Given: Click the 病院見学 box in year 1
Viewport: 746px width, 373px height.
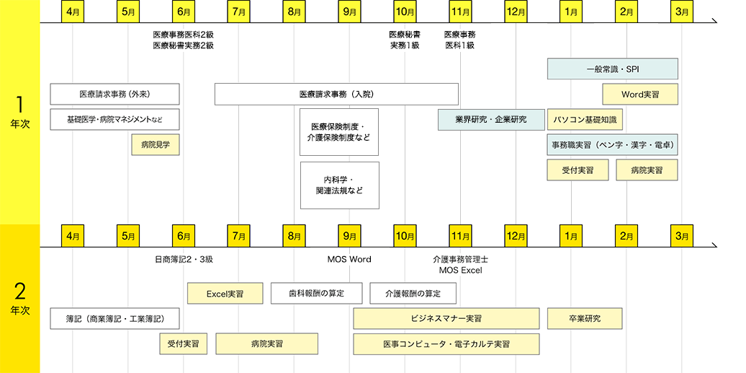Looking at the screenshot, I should pos(155,145).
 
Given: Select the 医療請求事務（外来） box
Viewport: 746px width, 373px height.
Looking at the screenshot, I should pos(114,95).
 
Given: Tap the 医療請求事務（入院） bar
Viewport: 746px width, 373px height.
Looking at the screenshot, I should pos(336,95).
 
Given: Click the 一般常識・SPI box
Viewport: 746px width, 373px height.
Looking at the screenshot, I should pos(613,69).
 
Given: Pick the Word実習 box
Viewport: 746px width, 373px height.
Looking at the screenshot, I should pos(640,95).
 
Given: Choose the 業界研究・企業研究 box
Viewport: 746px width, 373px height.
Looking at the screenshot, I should pos(491,120).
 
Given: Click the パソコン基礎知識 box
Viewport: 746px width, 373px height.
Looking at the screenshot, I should pos(585,120).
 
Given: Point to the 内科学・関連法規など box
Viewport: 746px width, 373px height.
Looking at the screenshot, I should pos(339,185).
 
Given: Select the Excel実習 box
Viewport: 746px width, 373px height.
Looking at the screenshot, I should pos(225,294).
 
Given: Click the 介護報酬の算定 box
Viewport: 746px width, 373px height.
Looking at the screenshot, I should pos(413,294).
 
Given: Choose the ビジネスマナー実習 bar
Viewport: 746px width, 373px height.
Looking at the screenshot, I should pos(446,319).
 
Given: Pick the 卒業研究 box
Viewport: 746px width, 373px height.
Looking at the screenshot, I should pos(584,319).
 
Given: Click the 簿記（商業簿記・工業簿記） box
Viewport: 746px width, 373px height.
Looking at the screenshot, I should pos(114,319).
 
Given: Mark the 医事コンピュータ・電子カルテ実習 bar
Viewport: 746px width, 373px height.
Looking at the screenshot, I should pos(446,344).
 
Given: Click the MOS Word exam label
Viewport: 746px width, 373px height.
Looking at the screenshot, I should pos(349,259).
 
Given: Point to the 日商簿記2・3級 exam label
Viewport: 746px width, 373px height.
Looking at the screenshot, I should pos(184,259).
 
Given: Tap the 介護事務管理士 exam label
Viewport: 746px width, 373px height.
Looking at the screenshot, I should pos(460,259).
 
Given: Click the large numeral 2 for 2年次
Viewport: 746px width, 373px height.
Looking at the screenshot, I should pos(20,291).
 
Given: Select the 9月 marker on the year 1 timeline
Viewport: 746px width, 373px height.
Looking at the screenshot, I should pos(349,12).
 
